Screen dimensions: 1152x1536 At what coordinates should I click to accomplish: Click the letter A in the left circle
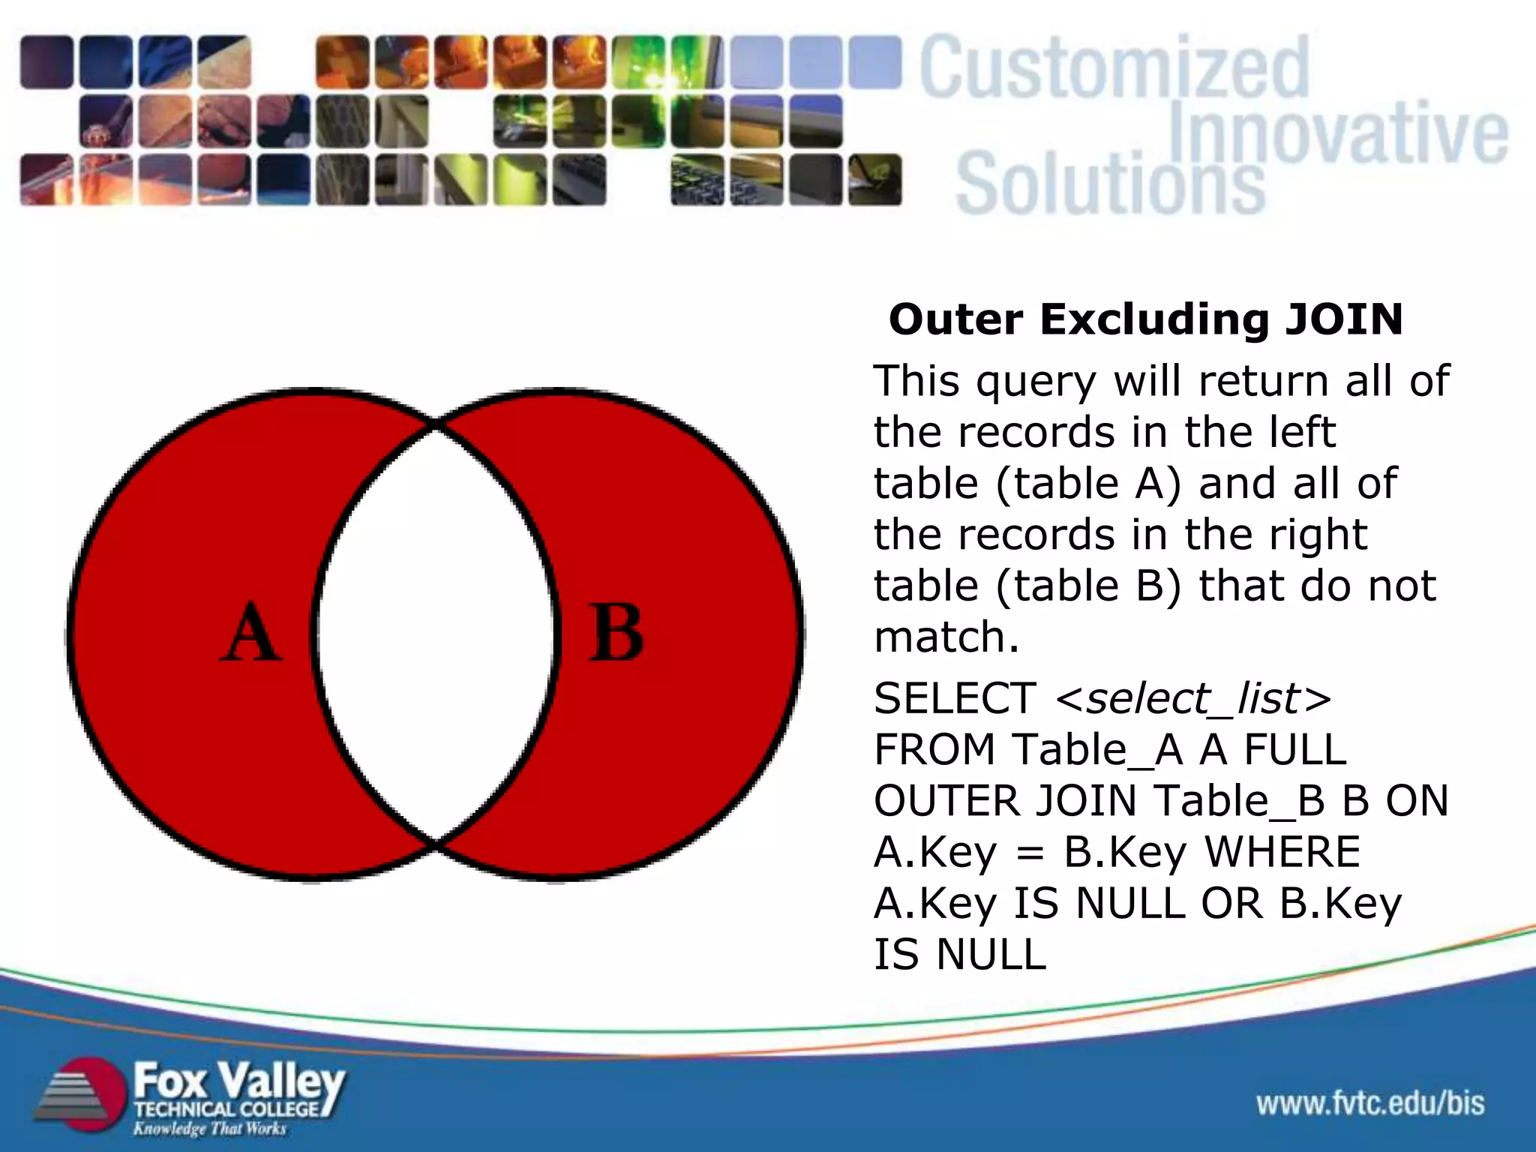[x=251, y=634]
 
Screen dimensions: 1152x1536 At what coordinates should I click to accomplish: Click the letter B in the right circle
[x=616, y=634]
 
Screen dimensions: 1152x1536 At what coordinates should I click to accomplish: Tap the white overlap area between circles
[x=436, y=634]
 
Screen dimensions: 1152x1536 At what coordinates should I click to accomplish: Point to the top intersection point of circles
[x=436, y=425]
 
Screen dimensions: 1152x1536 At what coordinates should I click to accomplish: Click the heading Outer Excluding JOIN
[x=1145, y=319]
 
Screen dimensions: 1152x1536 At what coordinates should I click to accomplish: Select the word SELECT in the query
[x=955, y=699]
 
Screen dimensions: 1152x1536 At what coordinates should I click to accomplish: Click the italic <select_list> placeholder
[x=1193, y=699]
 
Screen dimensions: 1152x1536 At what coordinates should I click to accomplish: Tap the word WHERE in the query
[x=1282, y=852]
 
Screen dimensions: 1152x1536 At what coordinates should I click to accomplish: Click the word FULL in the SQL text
[x=1295, y=750]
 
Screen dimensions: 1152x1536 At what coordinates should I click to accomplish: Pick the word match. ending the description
[x=946, y=637]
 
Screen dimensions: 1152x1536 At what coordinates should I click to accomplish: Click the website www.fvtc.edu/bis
[x=1370, y=1103]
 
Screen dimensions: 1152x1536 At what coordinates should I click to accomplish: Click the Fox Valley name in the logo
[x=238, y=1082]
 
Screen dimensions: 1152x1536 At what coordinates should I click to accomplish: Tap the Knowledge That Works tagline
[x=210, y=1129]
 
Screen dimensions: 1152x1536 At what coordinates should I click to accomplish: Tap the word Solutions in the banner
[x=1110, y=184]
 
